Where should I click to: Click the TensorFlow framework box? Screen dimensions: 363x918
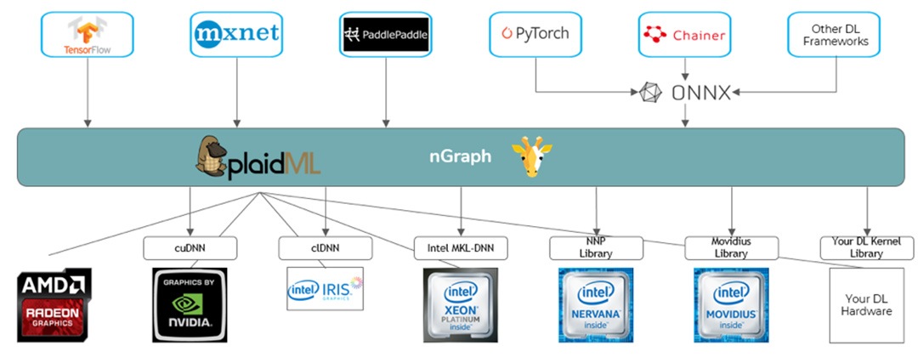(88, 35)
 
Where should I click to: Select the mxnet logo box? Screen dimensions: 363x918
(235, 35)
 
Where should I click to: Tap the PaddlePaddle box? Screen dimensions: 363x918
(385, 35)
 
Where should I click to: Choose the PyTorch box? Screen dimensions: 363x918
(535, 35)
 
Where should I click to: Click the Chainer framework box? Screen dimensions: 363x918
(684, 35)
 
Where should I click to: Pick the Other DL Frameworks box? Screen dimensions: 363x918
(833, 35)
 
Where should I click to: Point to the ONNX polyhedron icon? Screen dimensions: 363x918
(651, 93)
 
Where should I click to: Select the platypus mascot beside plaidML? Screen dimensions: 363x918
(215, 156)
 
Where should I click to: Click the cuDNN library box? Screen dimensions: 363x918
(190, 248)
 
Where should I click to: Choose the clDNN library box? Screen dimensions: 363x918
(326, 248)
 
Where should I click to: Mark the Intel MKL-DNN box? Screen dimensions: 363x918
(461, 248)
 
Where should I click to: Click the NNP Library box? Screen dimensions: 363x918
(596, 247)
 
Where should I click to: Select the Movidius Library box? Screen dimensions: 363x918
(731, 247)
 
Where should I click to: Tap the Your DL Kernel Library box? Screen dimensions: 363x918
(866, 247)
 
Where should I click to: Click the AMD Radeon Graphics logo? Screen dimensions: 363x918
(54, 305)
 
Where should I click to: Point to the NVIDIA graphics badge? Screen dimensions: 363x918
(190, 305)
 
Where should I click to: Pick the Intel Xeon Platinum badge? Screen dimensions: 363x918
(460, 305)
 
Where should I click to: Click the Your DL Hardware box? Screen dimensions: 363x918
(867, 305)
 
